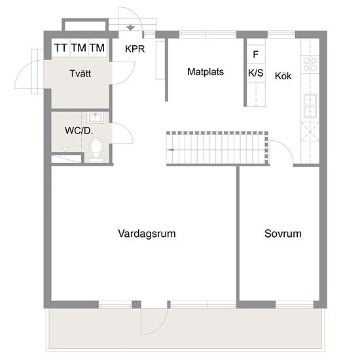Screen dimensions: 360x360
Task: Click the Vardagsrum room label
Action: coord(147,234)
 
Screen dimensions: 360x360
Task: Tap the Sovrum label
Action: coord(283,234)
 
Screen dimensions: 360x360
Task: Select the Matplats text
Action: coord(206,72)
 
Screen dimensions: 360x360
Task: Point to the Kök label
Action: coord(283,76)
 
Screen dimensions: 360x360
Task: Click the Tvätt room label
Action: coord(80,73)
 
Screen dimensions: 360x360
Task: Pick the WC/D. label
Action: coord(79,131)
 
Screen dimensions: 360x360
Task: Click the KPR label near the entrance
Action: coord(135,49)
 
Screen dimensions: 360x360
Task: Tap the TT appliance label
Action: coord(61,48)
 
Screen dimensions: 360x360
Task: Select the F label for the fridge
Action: coord(255,54)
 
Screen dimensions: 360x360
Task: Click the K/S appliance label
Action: coord(256,73)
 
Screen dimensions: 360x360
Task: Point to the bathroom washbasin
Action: coord(96,118)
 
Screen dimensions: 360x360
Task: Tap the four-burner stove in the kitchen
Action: coord(310,64)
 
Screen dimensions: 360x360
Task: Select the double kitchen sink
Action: coord(310,106)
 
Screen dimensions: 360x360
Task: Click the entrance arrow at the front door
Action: coord(130,27)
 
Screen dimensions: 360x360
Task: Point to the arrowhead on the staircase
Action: coord(170,150)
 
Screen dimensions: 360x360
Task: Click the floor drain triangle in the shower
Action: coord(66,149)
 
